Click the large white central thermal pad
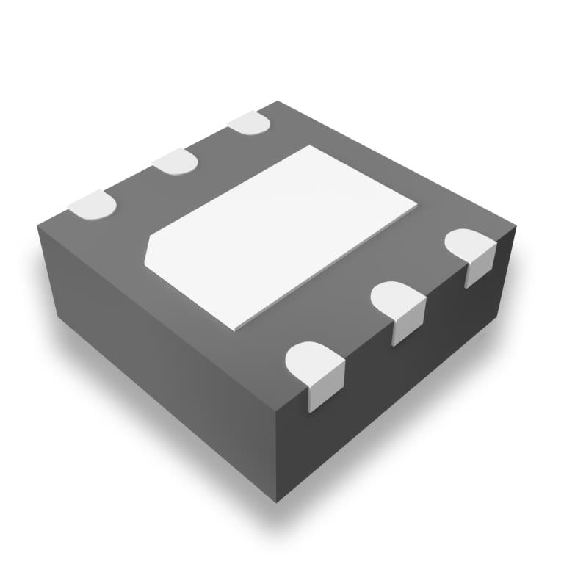(283, 235)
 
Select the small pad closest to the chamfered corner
(93, 205)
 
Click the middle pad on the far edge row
(176, 161)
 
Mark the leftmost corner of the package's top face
(37, 224)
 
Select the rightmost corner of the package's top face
(516, 225)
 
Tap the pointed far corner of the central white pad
(311, 145)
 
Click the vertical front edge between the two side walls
(277, 455)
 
